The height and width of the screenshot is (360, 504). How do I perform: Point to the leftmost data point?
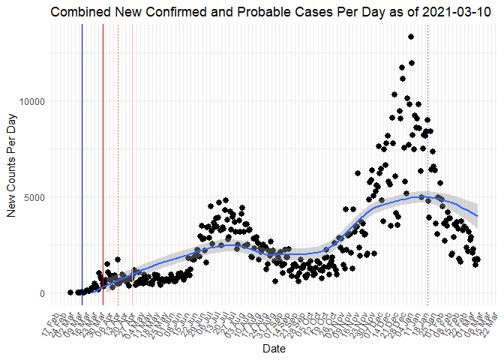70,292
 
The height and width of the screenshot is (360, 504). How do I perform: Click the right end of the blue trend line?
478,215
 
